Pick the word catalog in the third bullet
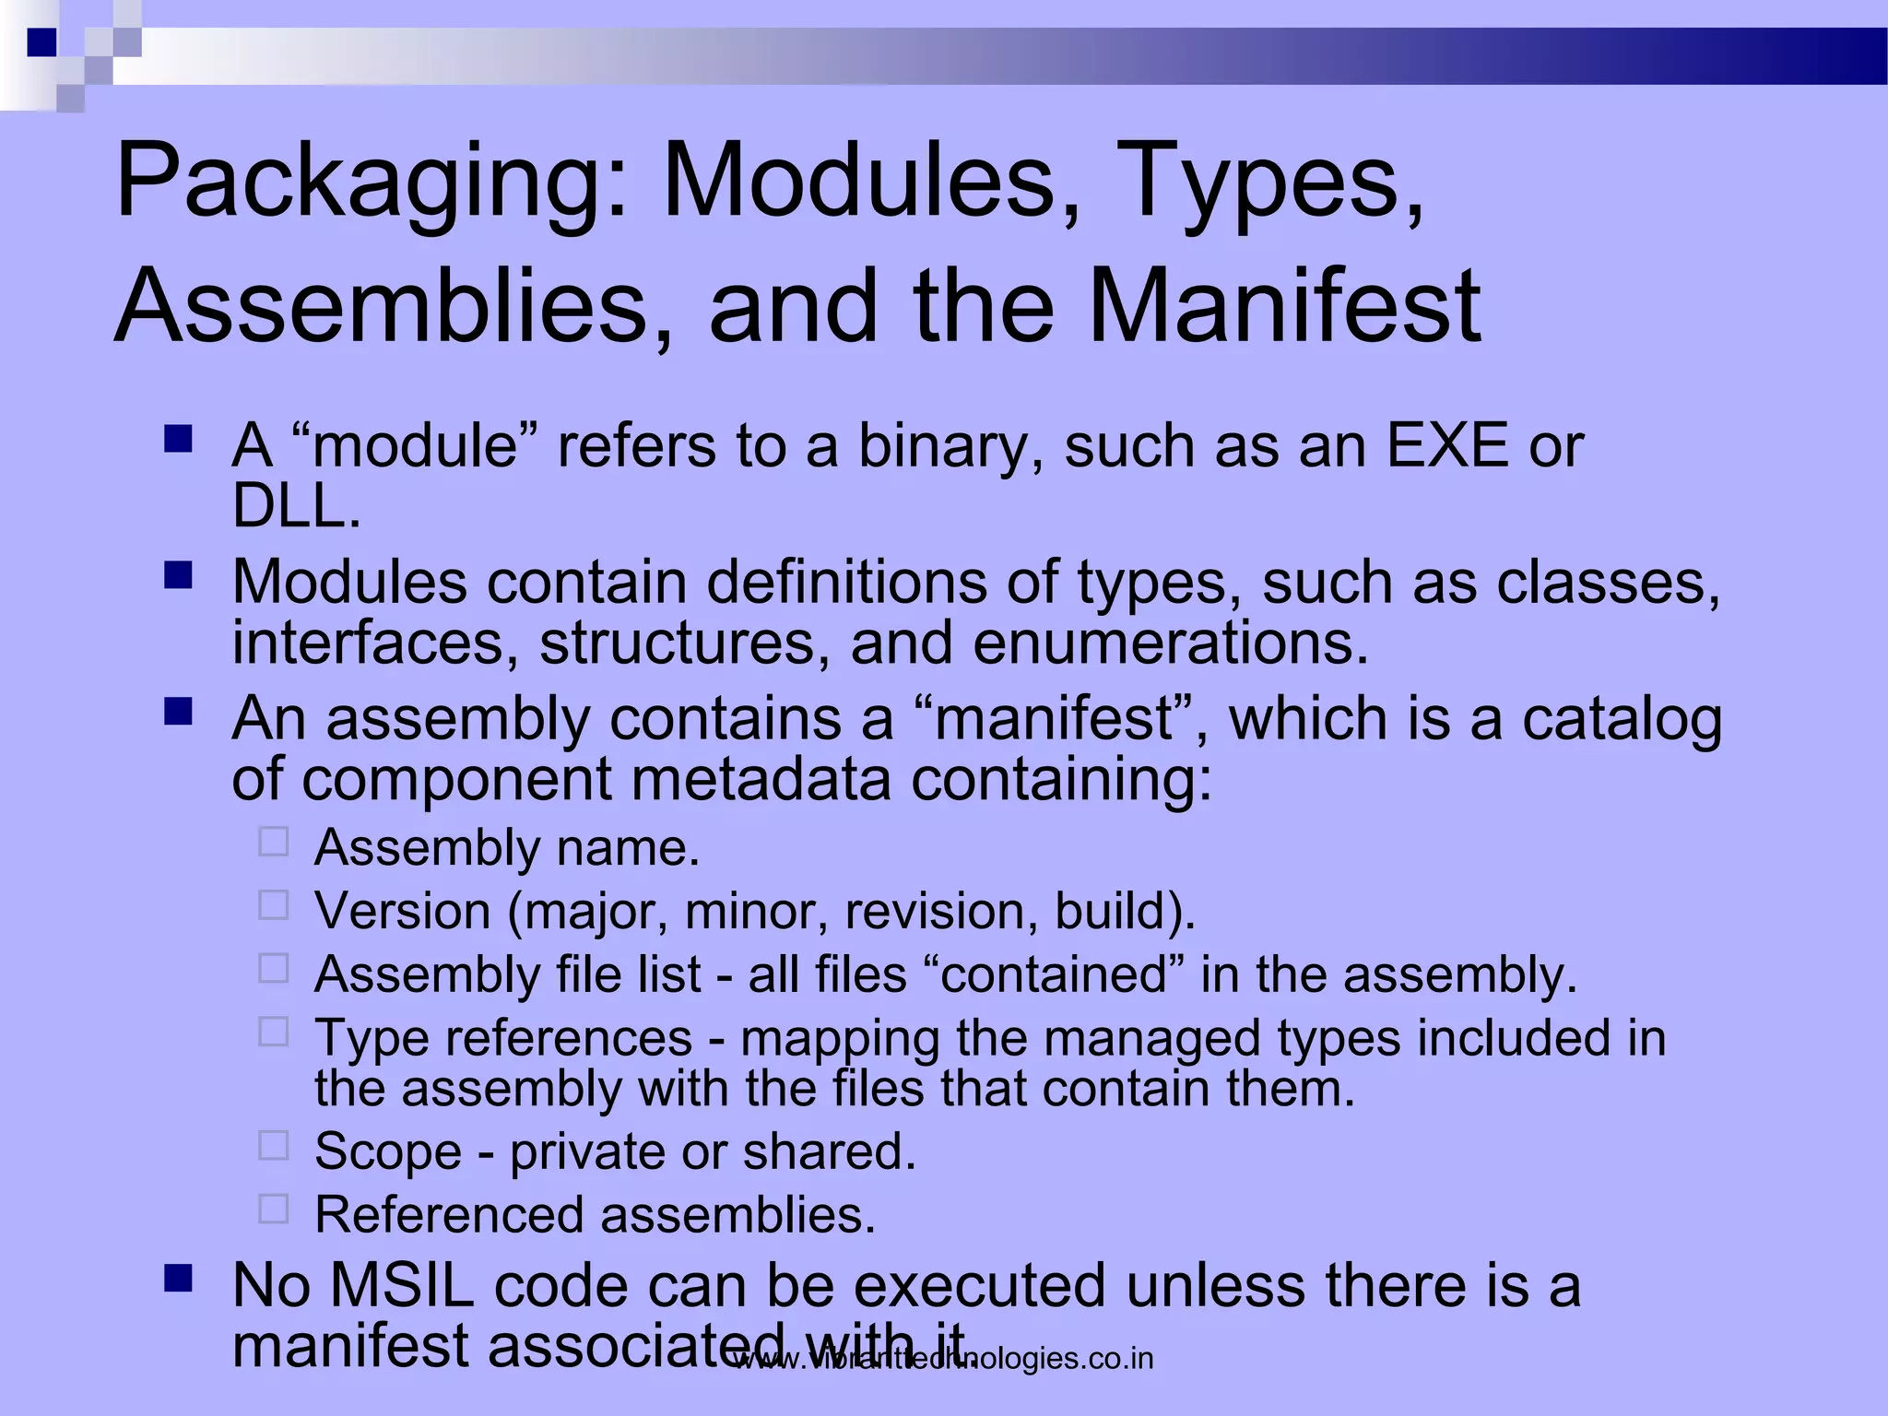tap(1622, 720)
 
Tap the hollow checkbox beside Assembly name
tap(274, 842)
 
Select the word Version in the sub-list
tap(403, 911)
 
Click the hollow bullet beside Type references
tap(274, 1032)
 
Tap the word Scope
tap(388, 1152)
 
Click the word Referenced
tap(448, 1215)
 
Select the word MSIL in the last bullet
tap(401, 1285)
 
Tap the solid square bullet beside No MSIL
tap(178, 1278)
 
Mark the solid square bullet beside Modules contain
tap(178, 576)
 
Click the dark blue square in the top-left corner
tap(41, 42)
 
